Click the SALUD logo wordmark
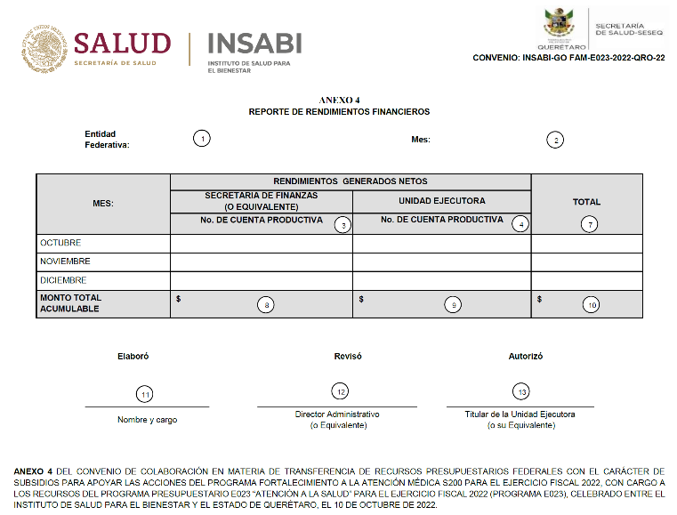122,43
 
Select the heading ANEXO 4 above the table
339,101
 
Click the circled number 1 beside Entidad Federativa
203,139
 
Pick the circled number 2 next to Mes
555,140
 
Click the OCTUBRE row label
60,243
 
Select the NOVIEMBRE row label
65,262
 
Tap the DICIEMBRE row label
63,280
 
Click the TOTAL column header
586,202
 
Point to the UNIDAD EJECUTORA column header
441,201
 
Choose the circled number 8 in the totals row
264,304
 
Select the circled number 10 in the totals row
591,304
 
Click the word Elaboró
133,356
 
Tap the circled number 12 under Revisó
339,391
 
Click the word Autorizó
525,356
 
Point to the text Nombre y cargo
147,419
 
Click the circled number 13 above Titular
521,391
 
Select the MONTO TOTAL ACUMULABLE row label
71,303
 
